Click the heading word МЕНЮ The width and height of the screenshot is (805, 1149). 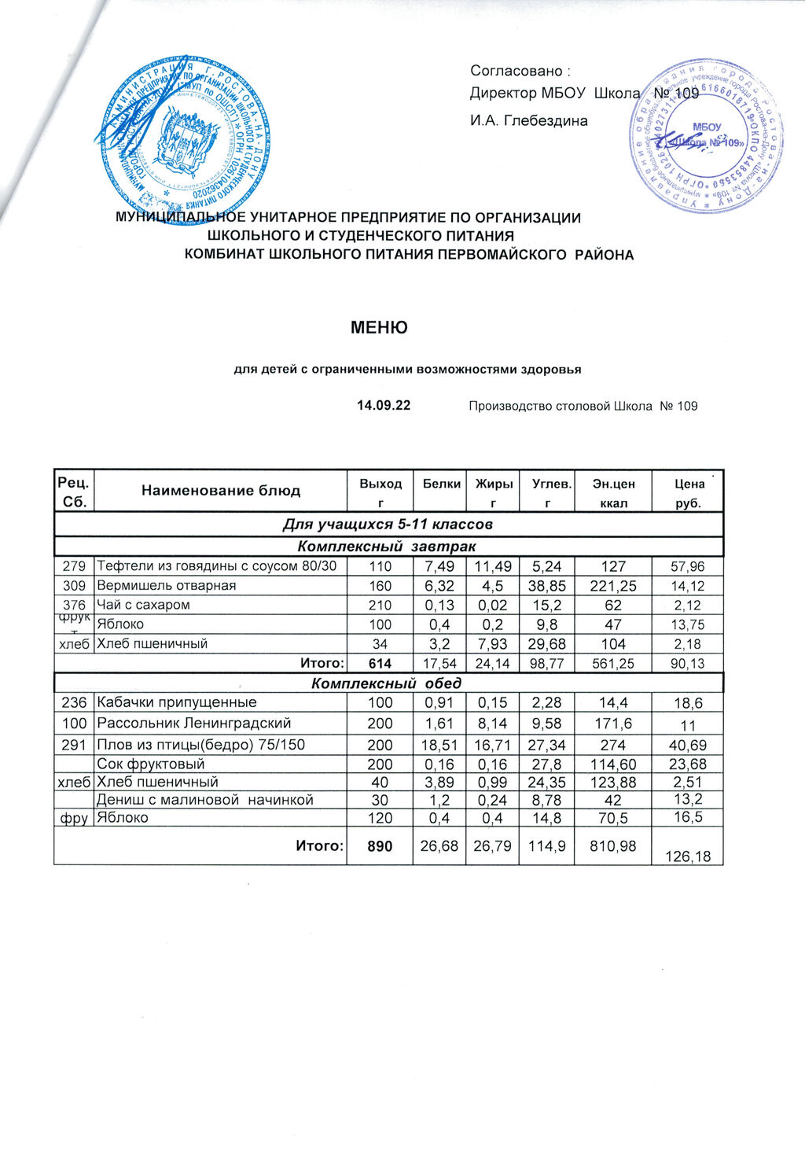click(379, 327)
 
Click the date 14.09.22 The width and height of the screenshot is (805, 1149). click(384, 406)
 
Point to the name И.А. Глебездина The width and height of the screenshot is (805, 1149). click(528, 121)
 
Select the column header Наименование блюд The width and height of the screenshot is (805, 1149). click(221, 491)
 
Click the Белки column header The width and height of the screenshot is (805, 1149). click(441, 484)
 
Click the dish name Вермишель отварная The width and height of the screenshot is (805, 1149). click(166, 586)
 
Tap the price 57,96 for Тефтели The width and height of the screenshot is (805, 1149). click(688, 566)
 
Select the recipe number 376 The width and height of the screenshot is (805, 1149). click(74, 605)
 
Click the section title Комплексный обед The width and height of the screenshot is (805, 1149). click(387, 683)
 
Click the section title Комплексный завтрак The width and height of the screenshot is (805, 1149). click(387, 546)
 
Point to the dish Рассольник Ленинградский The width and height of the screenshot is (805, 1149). click(193, 723)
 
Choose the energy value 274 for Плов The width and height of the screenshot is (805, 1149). click(613, 744)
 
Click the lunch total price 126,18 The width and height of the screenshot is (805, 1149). click(688, 856)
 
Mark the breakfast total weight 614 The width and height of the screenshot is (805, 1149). click(380, 664)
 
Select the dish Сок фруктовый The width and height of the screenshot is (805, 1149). click(150, 764)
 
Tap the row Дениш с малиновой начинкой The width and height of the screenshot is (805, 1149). click(204, 800)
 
